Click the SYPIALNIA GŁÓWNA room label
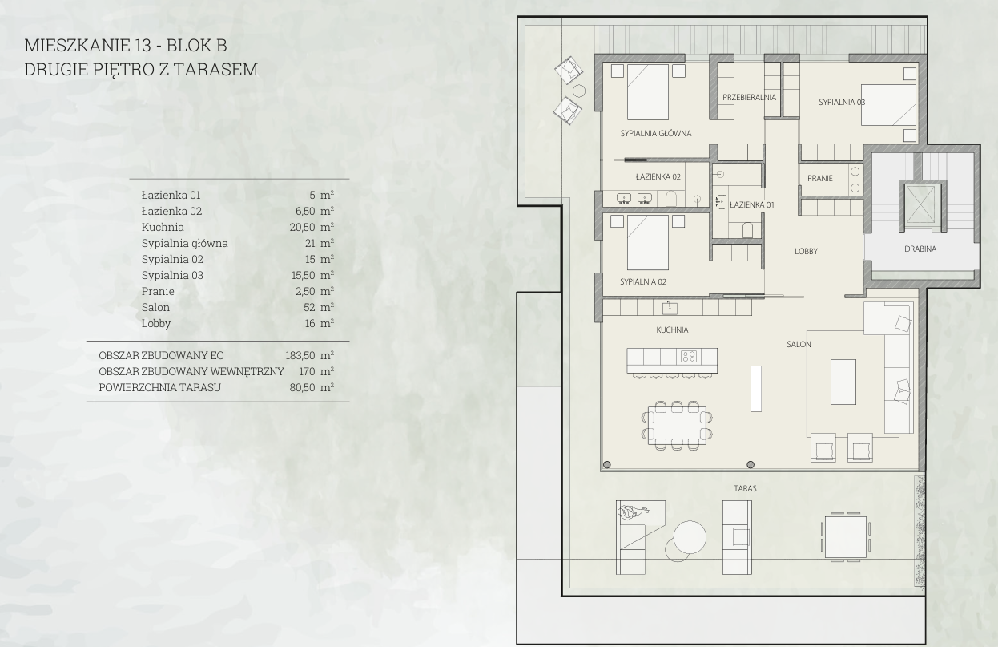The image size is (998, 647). [x=656, y=133]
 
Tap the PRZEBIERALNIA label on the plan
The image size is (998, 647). [x=750, y=97]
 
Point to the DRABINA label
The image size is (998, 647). [x=920, y=249]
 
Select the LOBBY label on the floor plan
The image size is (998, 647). [x=806, y=251]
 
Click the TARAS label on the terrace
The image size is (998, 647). [x=745, y=488]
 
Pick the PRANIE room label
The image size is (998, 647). [x=820, y=178]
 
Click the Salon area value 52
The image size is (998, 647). [x=309, y=307]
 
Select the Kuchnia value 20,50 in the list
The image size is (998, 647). [x=302, y=227]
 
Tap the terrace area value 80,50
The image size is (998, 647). [x=302, y=387]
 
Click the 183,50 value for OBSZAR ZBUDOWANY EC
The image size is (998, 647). [x=300, y=355]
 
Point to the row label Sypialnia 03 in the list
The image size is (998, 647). [x=172, y=275]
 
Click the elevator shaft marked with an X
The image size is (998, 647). [x=920, y=205]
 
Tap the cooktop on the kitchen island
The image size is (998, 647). [x=688, y=356]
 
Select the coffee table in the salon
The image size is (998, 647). [x=843, y=382]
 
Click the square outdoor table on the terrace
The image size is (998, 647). [x=846, y=537]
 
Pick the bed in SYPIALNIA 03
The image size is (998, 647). [x=888, y=105]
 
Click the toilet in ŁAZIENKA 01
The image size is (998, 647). [x=747, y=230]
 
